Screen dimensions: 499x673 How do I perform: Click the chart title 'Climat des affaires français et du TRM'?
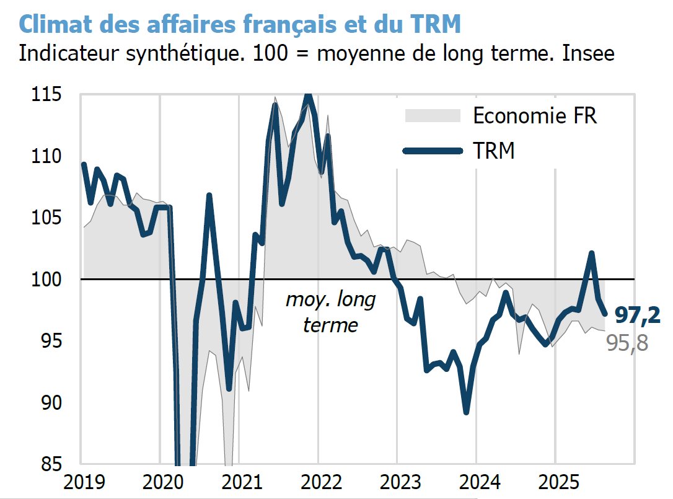pos(240,24)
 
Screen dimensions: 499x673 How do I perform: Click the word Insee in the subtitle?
pos(588,53)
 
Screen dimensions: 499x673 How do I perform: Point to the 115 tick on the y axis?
pos(48,95)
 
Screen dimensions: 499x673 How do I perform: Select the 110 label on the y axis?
pos(48,156)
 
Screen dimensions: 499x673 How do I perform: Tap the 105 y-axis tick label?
pos(48,218)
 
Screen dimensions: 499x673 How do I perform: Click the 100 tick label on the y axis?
pos(48,280)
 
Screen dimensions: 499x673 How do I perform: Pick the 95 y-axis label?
pos(52,341)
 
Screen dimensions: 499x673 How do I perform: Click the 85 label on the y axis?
pos(52,464)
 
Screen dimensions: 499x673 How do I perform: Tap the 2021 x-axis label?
pos(239,482)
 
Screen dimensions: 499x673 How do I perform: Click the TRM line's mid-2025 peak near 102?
pos(592,254)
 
